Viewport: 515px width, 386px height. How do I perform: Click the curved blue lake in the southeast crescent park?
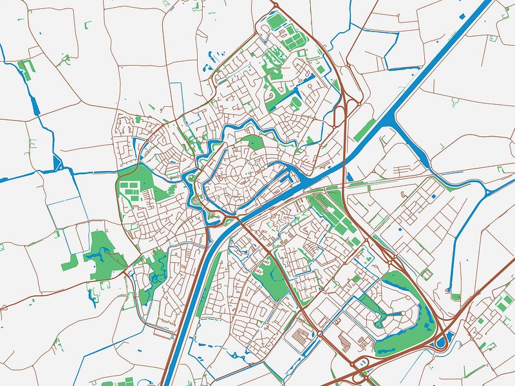click(425, 322)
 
